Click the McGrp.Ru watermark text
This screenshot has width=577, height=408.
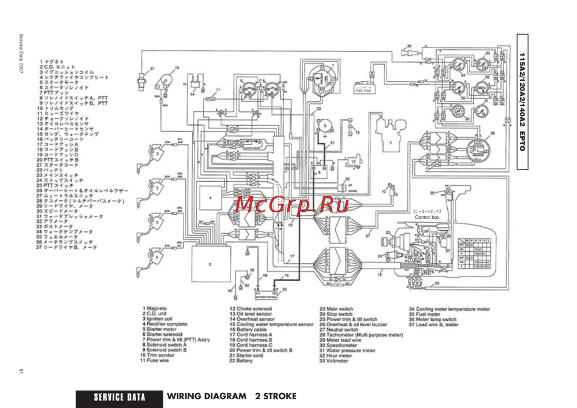coord(292,205)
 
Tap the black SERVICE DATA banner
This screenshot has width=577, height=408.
coord(119,397)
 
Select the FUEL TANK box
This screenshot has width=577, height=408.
coord(364,89)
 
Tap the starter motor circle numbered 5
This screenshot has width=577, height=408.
coord(325,126)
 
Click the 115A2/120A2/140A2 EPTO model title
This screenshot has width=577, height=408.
coord(522,102)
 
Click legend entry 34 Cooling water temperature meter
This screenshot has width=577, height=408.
coord(449,309)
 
